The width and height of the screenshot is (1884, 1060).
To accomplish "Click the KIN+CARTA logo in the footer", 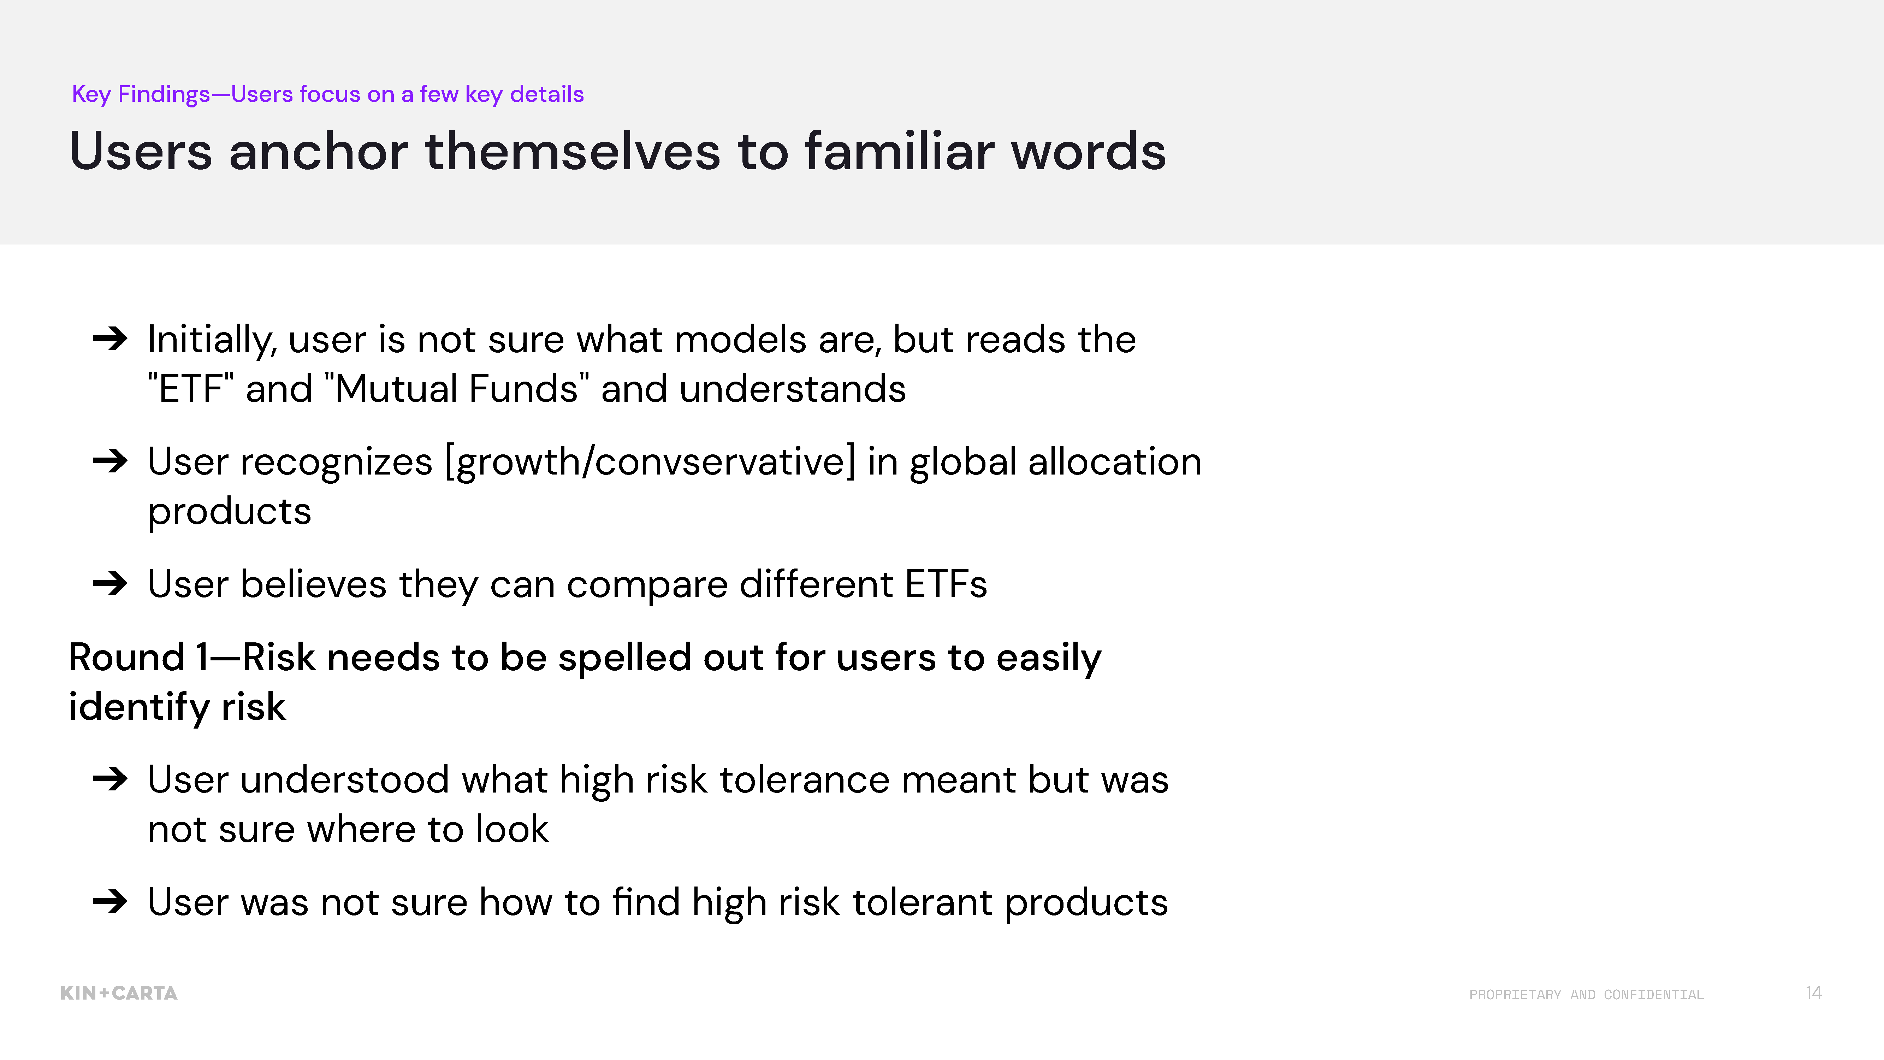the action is point(118,993).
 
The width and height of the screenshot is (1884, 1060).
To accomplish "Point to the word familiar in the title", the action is point(900,152).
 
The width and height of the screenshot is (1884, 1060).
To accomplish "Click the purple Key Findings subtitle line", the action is point(328,94).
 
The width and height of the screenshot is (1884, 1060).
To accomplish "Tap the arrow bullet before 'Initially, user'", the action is point(111,339).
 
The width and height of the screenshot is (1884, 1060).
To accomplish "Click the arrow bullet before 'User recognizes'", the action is point(111,461).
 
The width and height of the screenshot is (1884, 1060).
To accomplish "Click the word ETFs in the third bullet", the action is point(946,584).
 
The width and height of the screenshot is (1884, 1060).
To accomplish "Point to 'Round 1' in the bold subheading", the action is point(139,657).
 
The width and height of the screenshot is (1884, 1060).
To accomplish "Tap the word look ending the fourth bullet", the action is point(512,829).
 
